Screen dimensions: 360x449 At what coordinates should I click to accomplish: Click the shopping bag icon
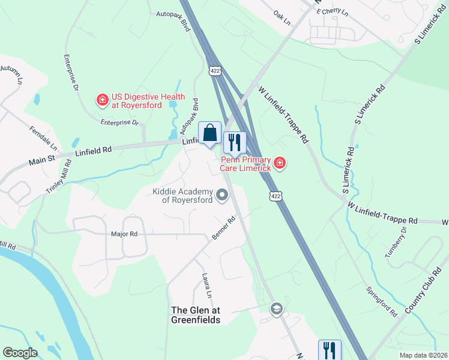click(x=209, y=133)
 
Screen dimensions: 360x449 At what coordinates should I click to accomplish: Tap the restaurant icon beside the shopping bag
click(x=235, y=143)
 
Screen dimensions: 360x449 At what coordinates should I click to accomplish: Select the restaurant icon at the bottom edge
click(x=330, y=350)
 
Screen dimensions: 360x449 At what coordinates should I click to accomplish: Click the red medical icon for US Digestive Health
click(x=103, y=100)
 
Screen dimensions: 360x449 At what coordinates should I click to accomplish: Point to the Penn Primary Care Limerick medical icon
click(x=279, y=163)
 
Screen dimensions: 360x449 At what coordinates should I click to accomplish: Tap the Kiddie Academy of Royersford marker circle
click(x=223, y=194)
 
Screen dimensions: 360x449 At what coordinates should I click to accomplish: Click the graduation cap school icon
click(x=276, y=309)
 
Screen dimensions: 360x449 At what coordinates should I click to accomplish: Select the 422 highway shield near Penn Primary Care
click(x=275, y=196)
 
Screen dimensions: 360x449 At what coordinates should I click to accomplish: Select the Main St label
click(x=42, y=160)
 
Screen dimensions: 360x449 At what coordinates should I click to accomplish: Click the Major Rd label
click(x=124, y=234)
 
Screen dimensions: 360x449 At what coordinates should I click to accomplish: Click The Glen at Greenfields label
click(x=196, y=315)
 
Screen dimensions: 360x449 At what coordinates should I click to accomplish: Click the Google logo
click(x=20, y=353)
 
